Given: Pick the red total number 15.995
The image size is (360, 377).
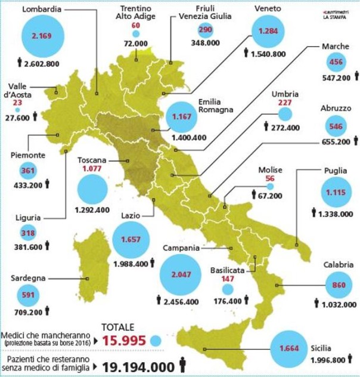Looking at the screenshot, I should (124, 341).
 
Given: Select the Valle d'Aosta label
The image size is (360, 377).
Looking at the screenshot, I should (24, 91).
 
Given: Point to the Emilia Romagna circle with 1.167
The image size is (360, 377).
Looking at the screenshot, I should (180, 117).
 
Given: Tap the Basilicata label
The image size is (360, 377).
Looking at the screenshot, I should (227, 270).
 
